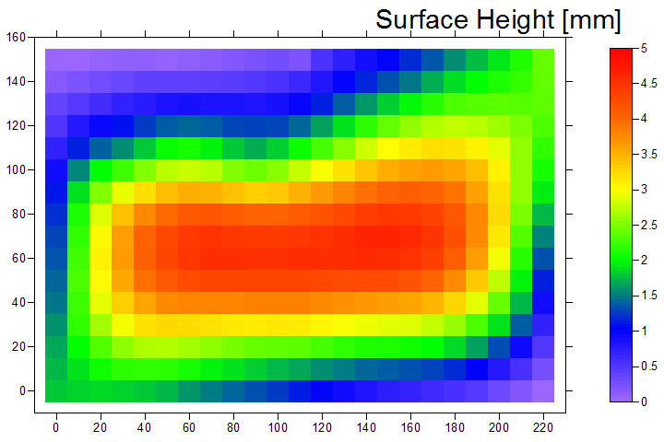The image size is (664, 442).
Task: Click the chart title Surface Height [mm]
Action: (498, 19)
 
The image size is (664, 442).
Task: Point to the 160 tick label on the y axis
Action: (16, 38)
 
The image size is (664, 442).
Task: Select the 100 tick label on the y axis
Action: (16, 170)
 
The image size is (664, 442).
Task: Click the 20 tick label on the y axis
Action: (18, 347)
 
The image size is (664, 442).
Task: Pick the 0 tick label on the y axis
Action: (21, 391)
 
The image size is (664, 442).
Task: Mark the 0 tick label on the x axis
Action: (55, 427)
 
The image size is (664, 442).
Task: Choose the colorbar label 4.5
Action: (648, 84)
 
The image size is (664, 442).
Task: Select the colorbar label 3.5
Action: (648, 155)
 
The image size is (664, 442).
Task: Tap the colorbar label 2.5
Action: (648, 225)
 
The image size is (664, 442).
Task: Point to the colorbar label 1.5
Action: (648, 296)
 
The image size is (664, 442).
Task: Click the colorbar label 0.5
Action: (648, 366)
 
